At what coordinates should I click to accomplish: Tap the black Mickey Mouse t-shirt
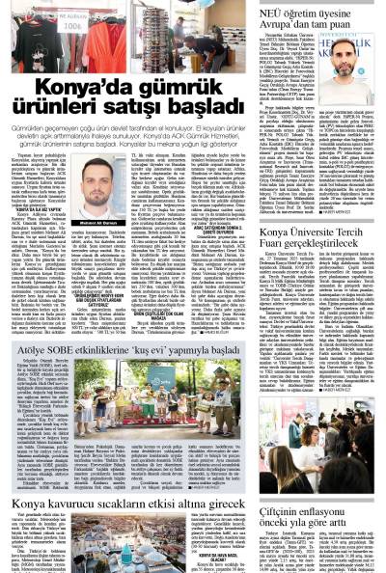[96, 49]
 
